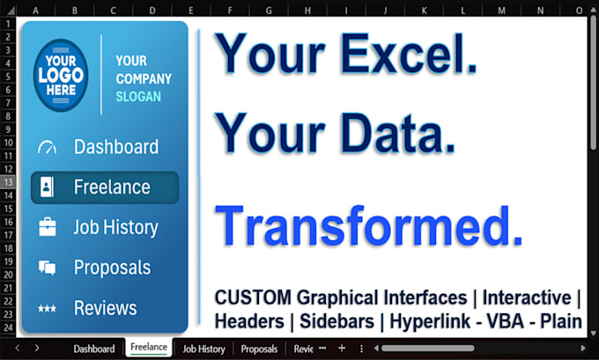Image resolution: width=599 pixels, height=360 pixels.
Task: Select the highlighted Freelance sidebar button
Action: [x=105, y=187]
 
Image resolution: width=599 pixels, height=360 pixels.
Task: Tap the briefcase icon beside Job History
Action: [x=48, y=227]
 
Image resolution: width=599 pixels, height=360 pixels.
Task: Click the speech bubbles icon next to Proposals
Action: [x=47, y=268]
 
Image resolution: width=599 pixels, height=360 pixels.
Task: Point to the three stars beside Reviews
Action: [x=47, y=308]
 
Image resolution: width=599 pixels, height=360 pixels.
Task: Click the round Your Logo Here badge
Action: [x=61, y=75]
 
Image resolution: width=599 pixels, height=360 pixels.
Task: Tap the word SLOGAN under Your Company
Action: [x=138, y=97]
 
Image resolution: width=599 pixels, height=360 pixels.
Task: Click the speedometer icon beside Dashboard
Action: [x=47, y=147]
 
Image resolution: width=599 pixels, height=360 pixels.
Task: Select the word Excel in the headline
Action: [x=409, y=53]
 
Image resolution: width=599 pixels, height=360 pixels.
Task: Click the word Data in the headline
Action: [x=397, y=133]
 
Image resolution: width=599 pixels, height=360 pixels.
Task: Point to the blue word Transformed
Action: [x=368, y=225]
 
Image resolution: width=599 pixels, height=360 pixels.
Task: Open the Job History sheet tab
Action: [x=203, y=349]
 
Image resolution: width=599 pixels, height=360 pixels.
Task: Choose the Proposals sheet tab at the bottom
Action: [x=259, y=349]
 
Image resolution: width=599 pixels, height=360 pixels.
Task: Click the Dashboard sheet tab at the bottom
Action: [x=94, y=349]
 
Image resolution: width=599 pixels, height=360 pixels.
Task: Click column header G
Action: [x=269, y=11]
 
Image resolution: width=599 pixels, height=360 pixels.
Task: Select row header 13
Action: [x=8, y=182]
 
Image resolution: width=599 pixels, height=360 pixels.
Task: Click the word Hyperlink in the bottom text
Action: [x=430, y=321]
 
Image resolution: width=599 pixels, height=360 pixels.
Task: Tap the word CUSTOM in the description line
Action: [x=253, y=298]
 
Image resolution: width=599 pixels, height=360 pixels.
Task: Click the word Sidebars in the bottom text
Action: [x=336, y=321]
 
